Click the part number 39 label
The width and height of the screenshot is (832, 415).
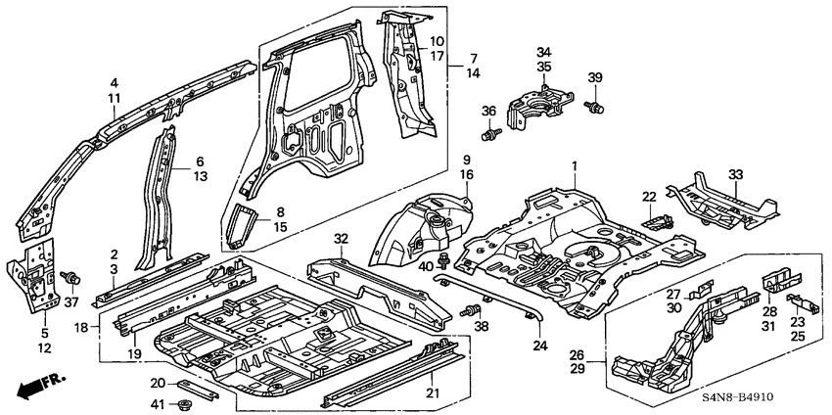click(594, 78)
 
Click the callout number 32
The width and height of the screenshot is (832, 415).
click(341, 238)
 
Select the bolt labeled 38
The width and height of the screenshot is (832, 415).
click(467, 311)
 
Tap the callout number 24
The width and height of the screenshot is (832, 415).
click(540, 344)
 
